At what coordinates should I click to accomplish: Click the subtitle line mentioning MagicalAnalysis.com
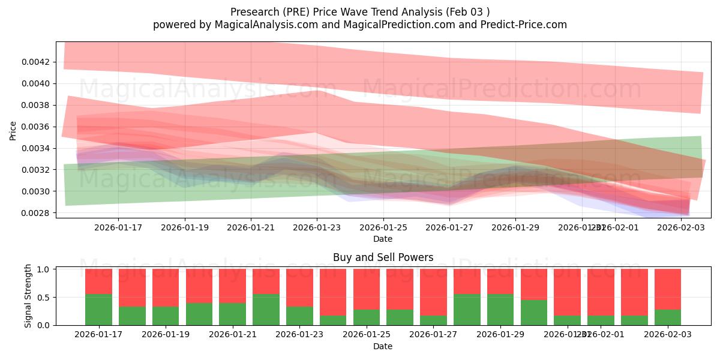point(359,25)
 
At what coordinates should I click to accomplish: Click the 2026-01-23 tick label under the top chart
point(317,227)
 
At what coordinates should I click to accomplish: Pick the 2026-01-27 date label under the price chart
point(449,227)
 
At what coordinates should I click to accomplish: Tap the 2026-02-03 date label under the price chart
point(681,227)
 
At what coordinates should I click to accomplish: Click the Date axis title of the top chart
point(383,239)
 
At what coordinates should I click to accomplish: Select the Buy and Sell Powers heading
point(383,258)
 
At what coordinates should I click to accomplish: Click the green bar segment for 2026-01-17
point(98,310)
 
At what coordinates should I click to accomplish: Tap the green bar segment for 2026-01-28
point(467,310)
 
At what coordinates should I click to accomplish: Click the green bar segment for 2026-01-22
point(266,310)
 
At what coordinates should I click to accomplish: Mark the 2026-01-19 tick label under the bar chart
point(166,334)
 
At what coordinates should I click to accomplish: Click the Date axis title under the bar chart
point(383,346)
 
